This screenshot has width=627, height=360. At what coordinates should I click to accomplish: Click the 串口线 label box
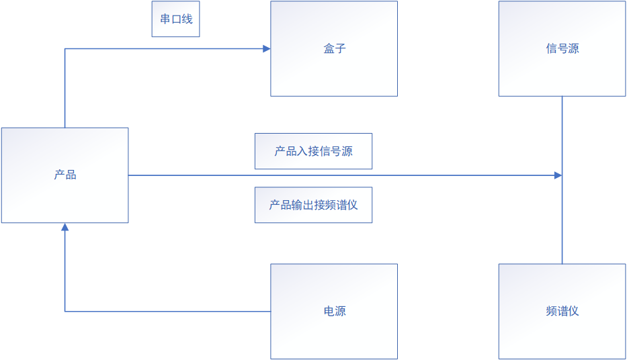point(175,19)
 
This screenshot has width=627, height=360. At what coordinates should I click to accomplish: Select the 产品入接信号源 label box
point(313,151)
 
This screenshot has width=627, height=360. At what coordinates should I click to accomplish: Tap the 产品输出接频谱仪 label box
point(313,205)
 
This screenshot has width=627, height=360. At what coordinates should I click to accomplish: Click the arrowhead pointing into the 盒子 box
point(266,48)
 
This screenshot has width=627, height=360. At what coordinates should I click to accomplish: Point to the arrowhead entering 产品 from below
point(65,228)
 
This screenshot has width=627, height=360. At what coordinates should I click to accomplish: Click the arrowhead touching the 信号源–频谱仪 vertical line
point(558,175)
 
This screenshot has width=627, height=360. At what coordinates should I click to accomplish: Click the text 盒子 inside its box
point(334,48)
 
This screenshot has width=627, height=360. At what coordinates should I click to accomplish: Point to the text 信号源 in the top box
point(562,48)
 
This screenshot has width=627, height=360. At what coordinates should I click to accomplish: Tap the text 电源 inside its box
point(334,311)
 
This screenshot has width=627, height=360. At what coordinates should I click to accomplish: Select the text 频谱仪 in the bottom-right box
point(562,311)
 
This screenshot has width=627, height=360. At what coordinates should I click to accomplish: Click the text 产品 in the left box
point(65,175)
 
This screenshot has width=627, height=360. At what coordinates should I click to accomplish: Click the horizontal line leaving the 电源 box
point(168,312)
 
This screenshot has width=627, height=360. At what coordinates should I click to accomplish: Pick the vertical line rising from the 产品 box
point(65,87)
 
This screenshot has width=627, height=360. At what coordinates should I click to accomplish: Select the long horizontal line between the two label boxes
point(336,175)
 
